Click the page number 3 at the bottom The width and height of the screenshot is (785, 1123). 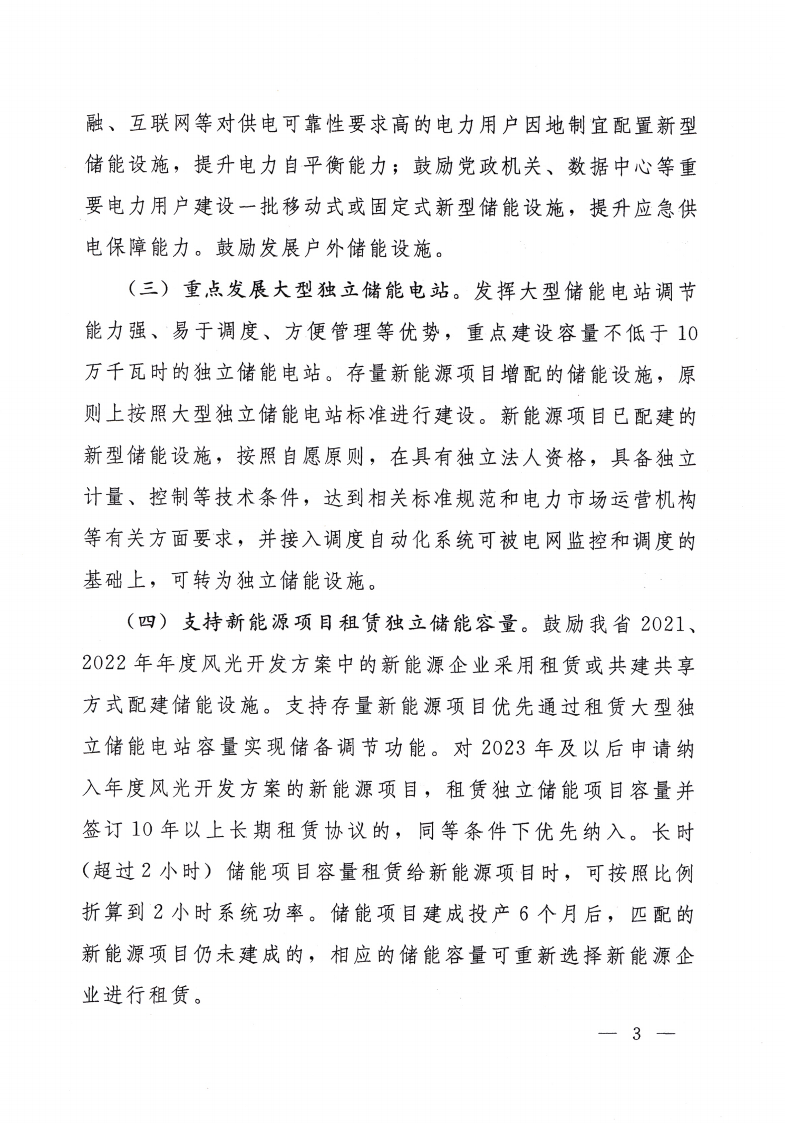[x=636, y=1033]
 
